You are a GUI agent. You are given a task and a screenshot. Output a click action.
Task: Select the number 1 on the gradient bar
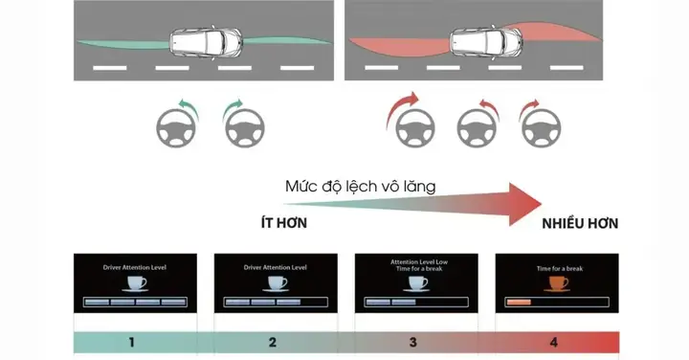135,341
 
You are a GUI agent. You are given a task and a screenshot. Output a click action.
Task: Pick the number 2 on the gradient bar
273,341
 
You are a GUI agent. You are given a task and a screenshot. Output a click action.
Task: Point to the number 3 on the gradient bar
413,341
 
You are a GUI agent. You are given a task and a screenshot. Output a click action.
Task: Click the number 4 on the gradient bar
554,341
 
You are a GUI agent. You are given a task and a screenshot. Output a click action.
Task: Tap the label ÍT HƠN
283,223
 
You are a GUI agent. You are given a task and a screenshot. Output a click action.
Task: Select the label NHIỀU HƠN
580,223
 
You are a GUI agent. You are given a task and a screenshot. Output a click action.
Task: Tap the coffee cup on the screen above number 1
135,284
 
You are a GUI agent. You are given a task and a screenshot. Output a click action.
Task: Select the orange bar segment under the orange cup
519,303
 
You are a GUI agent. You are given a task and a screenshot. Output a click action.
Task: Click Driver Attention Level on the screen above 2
276,267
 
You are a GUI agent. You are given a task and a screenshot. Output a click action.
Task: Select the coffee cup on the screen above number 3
416,283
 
